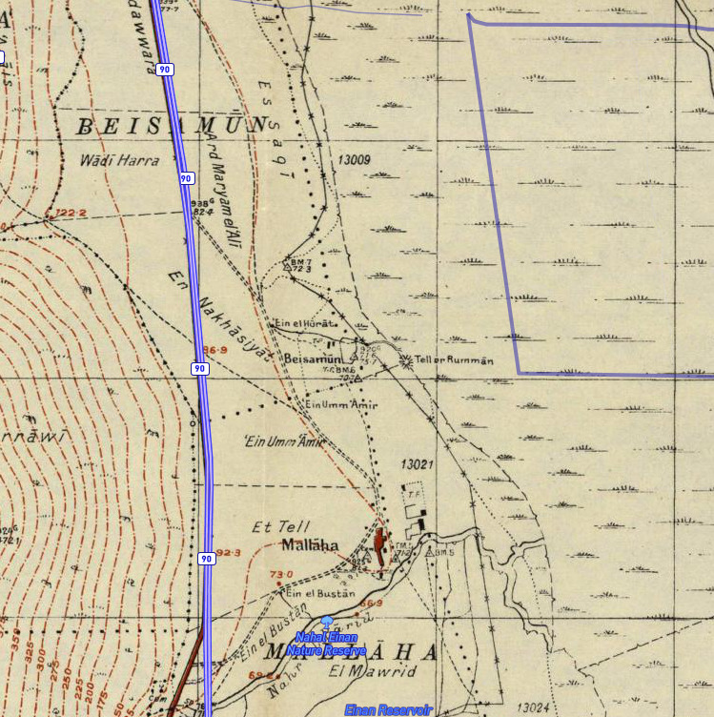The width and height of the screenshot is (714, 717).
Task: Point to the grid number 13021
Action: (x=418, y=464)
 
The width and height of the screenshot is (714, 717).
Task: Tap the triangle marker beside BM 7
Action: (x=286, y=268)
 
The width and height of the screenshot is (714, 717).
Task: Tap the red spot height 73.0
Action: (x=282, y=574)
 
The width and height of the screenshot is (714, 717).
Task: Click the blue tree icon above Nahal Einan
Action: (x=327, y=622)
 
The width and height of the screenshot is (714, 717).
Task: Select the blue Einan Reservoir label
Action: (x=388, y=709)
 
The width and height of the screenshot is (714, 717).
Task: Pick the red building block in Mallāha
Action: (x=380, y=545)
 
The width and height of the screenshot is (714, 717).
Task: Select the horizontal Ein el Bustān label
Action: (x=320, y=593)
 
